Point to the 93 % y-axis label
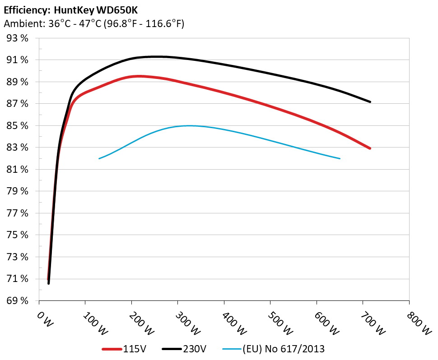click(x=18, y=38)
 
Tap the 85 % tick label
click(x=18, y=126)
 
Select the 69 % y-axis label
click(x=18, y=301)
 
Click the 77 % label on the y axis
click(x=18, y=213)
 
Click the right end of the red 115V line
click(x=370, y=148)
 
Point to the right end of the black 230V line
click(x=370, y=102)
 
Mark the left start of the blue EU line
click(x=99, y=158)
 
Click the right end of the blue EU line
click(x=340, y=158)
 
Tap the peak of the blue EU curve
click(x=189, y=126)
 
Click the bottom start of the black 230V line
click(x=49, y=283)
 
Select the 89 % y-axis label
click(x=18, y=82)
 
